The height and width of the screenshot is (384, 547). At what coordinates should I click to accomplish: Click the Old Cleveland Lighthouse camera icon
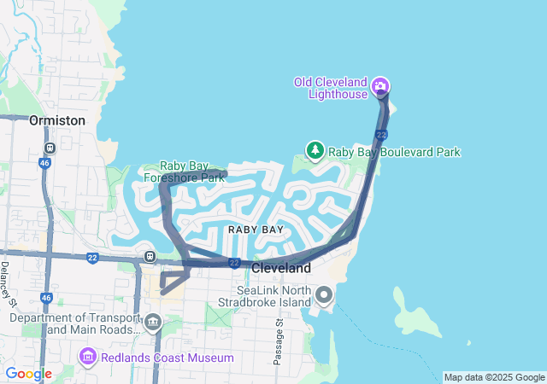pyautogui.click(x=381, y=86)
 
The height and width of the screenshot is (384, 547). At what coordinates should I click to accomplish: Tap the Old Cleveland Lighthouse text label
pyautogui.click(x=329, y=88)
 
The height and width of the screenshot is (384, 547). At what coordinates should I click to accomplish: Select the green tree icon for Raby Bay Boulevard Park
pyautogui.click(x=315, y=151)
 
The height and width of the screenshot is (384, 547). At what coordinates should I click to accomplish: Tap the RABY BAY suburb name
pyautogui.click(x=256, y=230)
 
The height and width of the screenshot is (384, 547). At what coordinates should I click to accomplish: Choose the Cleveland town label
pyautogui.click(x=281, y=268)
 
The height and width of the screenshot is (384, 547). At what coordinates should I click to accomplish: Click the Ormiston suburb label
pyautogui.click(x=57, y=120)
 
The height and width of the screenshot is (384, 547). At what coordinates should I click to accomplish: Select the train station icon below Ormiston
pyautogui.click(x=50, y=147)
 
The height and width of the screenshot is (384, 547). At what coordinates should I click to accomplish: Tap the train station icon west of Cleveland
pyautogui.click(x=150, y=255)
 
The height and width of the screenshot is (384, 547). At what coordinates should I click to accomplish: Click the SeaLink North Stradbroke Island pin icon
pyautogui.click(x=324, y=296)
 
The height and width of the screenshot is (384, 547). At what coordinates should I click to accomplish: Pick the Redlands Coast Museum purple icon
pyautogui.click(x=87, y=356)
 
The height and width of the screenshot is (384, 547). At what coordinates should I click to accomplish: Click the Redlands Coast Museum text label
pyautogui.click(x=166, y=357)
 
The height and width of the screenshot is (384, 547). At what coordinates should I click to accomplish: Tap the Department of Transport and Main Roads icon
pyautogui.click(x=153, y=322)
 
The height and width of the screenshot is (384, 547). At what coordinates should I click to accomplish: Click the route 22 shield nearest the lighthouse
pyautogui.click(x=381, y=135)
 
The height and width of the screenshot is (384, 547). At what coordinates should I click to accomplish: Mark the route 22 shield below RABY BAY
pyautogui.click(x=233, y=264)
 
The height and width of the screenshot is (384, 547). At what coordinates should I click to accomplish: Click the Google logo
pyautogui.click(x=28, y=374)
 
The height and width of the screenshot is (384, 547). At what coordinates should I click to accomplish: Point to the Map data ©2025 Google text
pyautogui.click(x=493, y=377)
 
